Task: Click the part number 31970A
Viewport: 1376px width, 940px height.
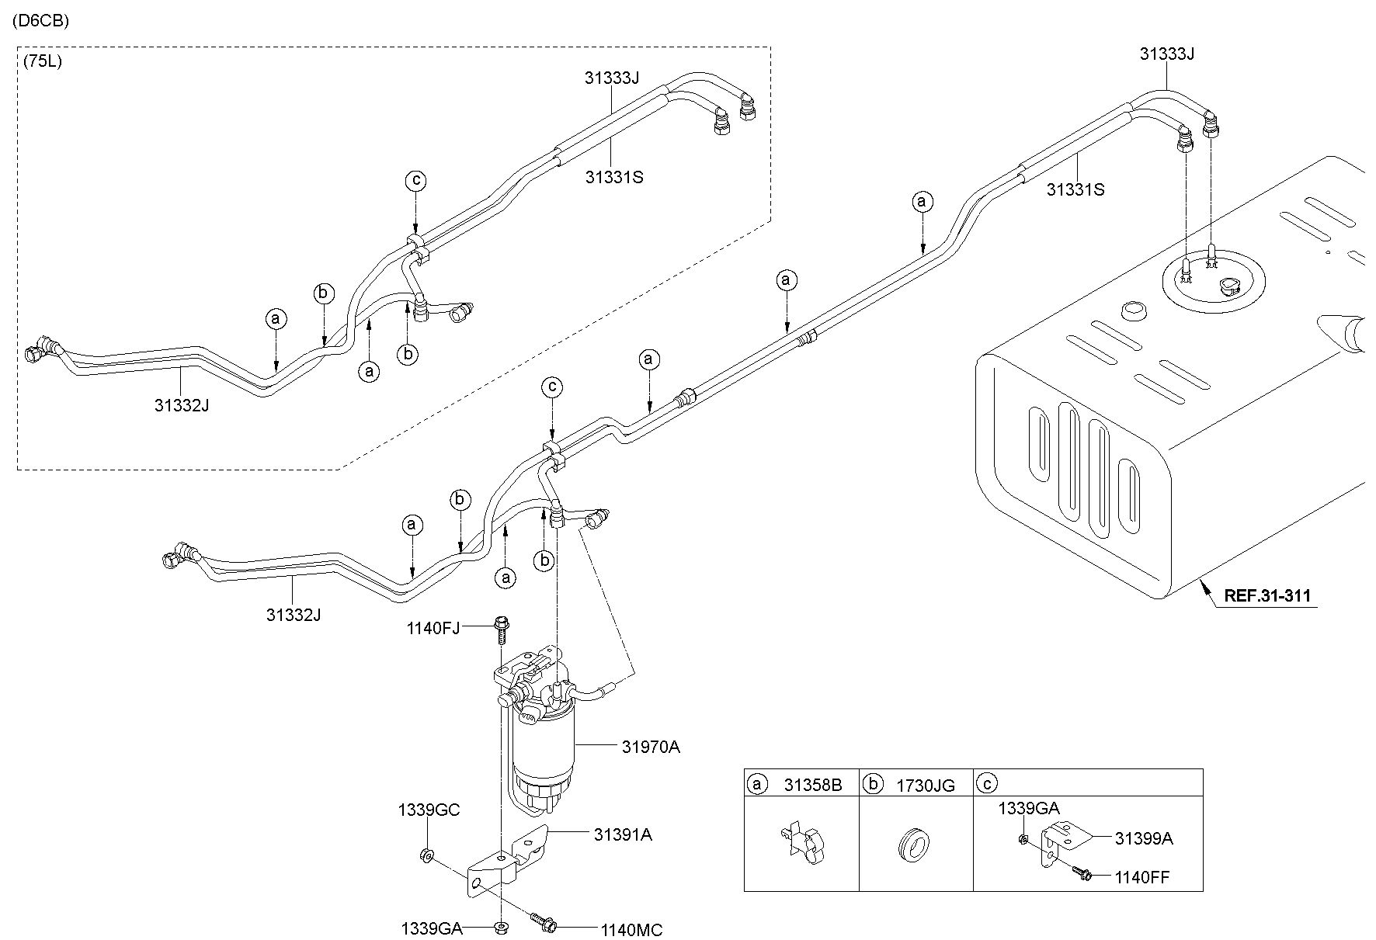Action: pos(650,747)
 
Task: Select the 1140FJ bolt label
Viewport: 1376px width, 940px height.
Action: pos(433,627)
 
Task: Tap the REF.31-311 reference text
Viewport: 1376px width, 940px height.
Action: pos(1267,596)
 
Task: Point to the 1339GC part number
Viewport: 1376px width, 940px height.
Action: pos(429,810)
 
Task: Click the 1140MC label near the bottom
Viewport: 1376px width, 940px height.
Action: pos(631,929)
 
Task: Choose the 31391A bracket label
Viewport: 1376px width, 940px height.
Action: pos(623,834)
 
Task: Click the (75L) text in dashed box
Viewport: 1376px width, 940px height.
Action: pos(42,61)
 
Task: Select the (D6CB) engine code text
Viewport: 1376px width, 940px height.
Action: pos(40,21)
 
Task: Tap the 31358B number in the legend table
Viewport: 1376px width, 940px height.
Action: pos(812,785)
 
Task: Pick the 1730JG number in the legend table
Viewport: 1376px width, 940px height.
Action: pos(926,785)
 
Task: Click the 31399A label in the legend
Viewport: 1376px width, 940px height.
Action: pos(1143,838)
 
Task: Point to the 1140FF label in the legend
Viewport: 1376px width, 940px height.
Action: pos(1141,877)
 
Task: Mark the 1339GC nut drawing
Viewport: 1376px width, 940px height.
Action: pos(426,856)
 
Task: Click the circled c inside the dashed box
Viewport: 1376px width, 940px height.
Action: pos(415,181)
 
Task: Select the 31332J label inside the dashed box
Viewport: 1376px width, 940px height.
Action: pos(181,404)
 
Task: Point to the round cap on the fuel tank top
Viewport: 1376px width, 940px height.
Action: pos(1134,311)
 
